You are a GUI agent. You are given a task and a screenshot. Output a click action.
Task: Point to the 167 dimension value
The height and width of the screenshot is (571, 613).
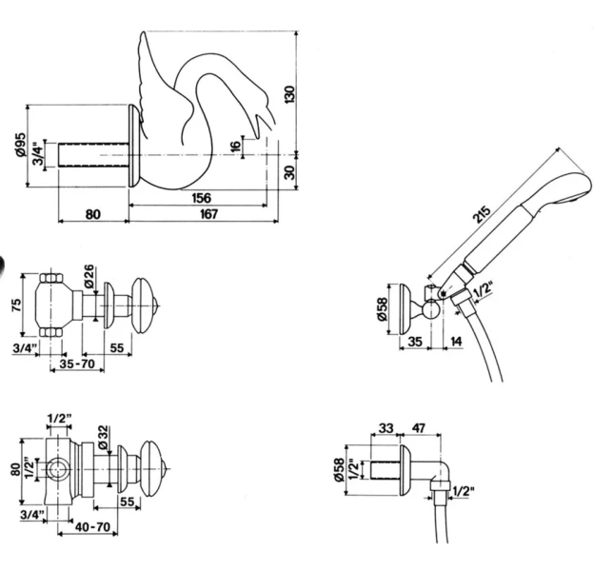[209, 214]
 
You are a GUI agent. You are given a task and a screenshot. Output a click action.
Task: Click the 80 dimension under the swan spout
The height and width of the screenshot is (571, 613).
[92, 214]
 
